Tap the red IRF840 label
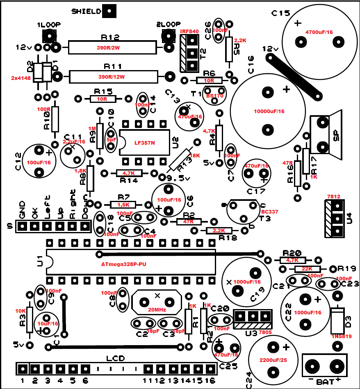coord(189,31)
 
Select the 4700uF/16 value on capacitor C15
coord(319,32)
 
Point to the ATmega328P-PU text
coord(124,264)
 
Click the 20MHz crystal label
coord(157,309)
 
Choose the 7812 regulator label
coord(334,197)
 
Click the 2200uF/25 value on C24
coord(272,360)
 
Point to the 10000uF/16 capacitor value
coord(269,111)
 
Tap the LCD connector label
coord(115,358)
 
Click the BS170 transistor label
coord(215,96)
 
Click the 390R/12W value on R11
coord(112,77)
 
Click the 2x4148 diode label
coord(20,77)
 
